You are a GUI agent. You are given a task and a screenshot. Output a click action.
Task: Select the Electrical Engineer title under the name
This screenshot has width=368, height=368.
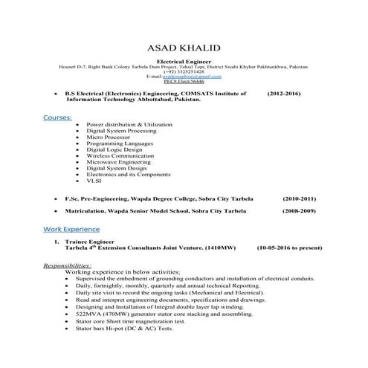pyautogui.click(x=184, y=60)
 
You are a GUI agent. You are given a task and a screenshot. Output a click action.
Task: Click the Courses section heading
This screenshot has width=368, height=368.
pyautogui.click(x=57, y=117)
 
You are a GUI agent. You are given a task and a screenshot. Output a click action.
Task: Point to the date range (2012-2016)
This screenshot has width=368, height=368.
pyautogui.click(x=284, y=94)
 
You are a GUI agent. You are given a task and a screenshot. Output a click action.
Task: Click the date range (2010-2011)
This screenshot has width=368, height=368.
pyautogui.click(x=300, y=198)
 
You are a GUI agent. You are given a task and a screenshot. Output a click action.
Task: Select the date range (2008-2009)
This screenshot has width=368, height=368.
pyautogui.click(x=300, y=212)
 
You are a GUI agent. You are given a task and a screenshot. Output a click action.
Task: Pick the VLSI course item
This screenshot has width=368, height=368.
pyautogui.click(x=94, y=181)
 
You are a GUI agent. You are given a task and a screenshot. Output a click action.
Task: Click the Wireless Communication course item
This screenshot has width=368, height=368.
pyautogui.click(x=123, y=155)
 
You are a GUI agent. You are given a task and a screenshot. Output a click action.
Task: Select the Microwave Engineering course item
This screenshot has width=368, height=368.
pyautogui.click(x=122, y=162)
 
